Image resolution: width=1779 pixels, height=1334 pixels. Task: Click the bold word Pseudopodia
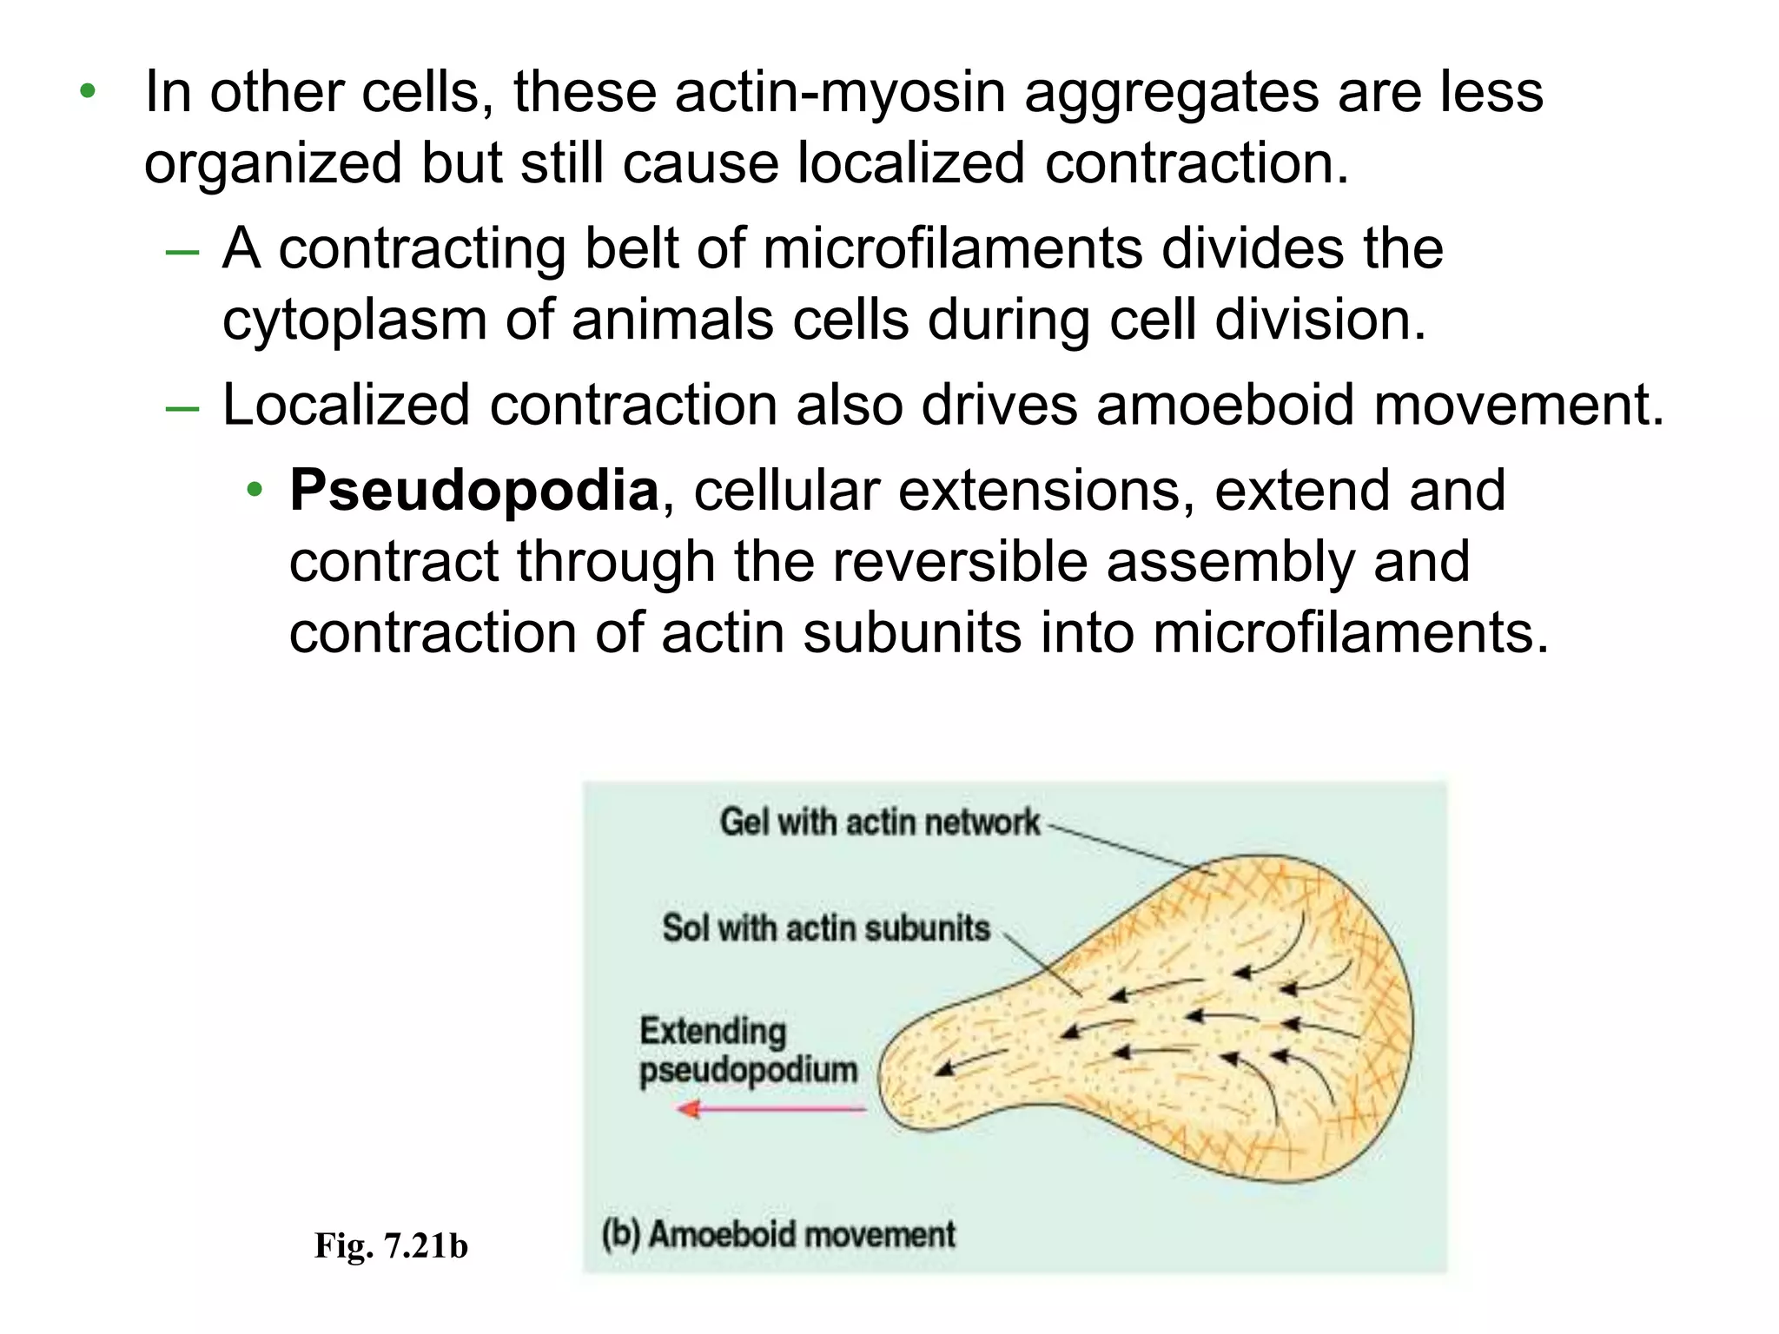click(473, 491)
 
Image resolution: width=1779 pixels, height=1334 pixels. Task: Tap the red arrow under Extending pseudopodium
click(771, 1109)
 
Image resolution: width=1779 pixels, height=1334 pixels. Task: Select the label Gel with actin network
click(879, 822)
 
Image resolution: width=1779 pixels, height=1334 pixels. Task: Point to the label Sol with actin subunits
click(826, 928)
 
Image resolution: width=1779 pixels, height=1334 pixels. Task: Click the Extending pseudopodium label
click(747, 1050)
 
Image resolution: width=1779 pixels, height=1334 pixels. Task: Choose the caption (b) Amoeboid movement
click(778, 1234)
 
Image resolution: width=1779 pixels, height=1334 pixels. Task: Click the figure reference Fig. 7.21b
click(391, 1245)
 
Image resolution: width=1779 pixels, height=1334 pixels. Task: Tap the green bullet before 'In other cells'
click(87, 91)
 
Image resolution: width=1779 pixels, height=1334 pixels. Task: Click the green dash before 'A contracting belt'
click(182, 253)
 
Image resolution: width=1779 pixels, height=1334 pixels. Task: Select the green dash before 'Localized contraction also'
click(182, 409)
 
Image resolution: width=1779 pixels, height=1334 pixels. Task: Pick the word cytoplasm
click(354, 320)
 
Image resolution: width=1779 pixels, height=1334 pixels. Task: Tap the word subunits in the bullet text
click(912, 632)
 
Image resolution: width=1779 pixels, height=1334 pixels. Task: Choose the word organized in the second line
click(273, 164)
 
